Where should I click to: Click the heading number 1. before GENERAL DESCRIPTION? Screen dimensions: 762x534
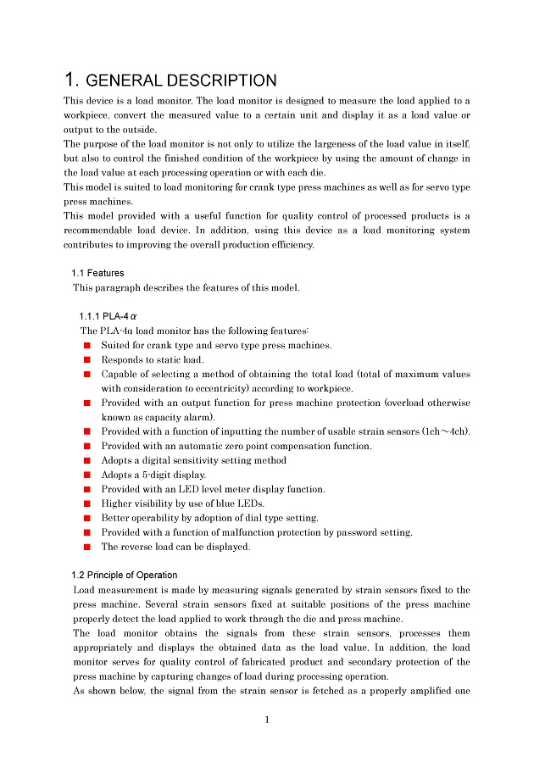(73, 81)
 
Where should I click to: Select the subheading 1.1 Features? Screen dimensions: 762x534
(97, 273)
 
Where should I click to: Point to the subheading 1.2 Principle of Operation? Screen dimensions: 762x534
(125, 575)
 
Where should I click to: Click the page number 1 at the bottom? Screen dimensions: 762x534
(267, 720)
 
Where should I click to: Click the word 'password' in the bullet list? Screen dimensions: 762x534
(364, 532)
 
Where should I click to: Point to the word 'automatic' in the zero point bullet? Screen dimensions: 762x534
(200, 446)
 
